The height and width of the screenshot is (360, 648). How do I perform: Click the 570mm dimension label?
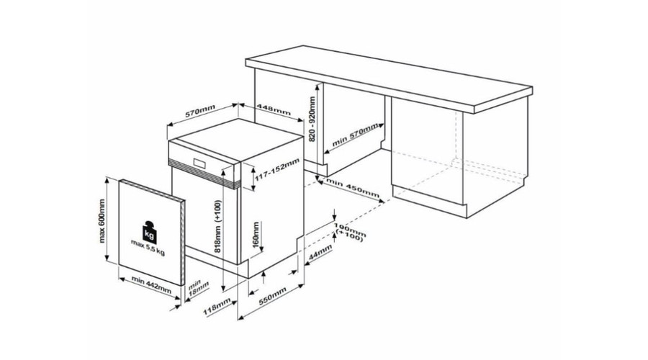pos(200,111)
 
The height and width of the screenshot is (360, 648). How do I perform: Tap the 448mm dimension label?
pos(274,109)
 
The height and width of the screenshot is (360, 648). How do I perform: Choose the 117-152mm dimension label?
pos(276,169)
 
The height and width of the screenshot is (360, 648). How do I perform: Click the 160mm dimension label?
pos(256,235)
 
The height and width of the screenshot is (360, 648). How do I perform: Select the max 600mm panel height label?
pos(102,221)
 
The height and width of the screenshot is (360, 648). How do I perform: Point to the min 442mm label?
pos(151,285)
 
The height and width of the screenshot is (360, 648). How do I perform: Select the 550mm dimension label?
pos(272,295)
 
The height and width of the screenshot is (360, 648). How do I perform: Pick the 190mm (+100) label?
pos(350,233)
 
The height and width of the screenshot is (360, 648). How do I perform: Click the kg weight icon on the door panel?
pos(150,231)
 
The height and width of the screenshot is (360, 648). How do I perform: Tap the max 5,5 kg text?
pos(148,247)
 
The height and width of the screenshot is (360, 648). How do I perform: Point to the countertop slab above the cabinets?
pos(389,78)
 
